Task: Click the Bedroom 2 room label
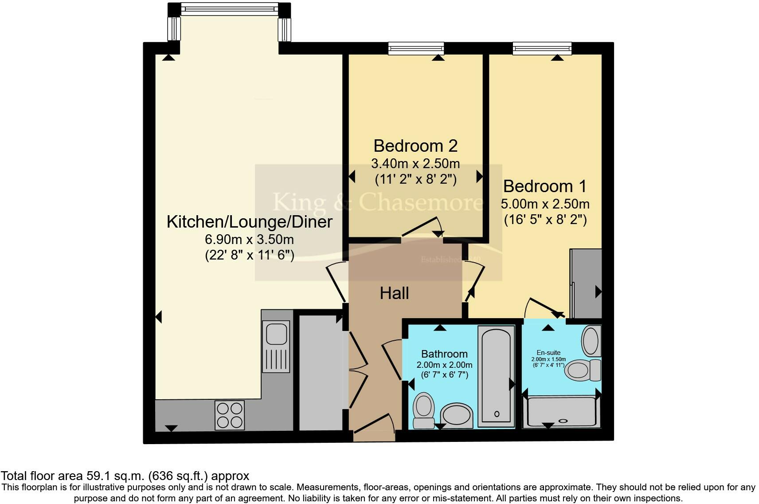415,146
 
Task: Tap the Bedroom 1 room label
545,186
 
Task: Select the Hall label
394,293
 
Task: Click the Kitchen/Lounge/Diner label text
249,222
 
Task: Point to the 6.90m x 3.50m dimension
249,240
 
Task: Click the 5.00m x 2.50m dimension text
545,204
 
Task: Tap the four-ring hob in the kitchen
229,415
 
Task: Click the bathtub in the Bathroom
497,376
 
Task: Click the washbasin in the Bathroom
457,415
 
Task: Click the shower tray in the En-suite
561,412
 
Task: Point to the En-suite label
548,353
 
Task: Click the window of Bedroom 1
542,48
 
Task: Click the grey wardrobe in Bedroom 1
585,284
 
